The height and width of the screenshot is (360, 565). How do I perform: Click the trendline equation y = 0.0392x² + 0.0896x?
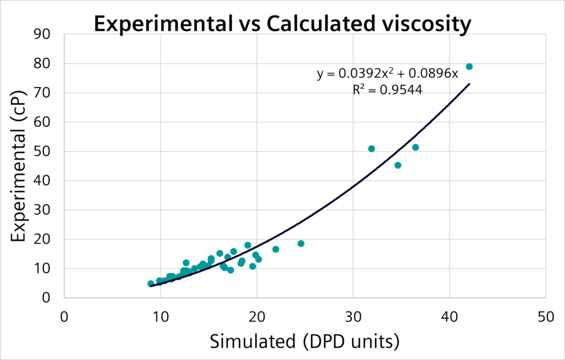(x=387, y=74)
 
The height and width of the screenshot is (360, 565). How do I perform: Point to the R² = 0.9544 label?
(x=387, y=90)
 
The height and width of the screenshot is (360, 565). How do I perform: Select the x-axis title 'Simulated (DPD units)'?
(x=304, y=342)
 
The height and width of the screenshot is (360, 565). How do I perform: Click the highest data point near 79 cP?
(x=469, y=67)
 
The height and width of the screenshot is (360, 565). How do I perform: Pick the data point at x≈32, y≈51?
(x=371, y=149)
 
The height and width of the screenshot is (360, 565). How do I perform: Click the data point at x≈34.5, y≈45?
(x=398, y=165)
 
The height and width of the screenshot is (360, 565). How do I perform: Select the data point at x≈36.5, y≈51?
(x=415, y=147)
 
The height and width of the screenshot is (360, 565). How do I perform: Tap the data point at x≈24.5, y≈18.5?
(x=301, y=244)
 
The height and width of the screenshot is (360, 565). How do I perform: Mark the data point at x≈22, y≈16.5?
(x=275, y=249)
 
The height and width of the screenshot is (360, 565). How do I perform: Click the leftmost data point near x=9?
(x=151, y=284)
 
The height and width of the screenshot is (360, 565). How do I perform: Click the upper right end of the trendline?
(x=469, y=84)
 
